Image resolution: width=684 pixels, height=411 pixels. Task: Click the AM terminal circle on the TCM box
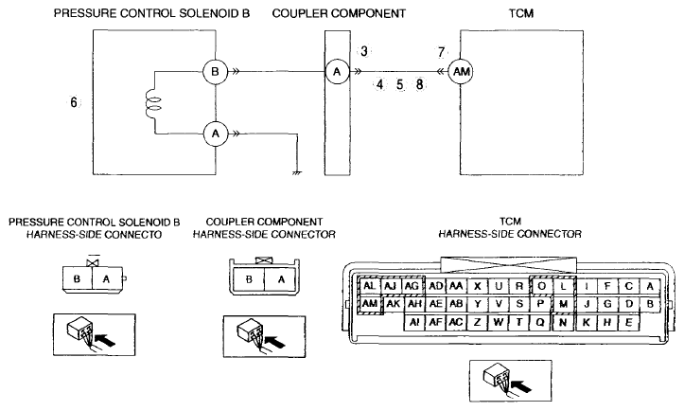(x=461, y=72)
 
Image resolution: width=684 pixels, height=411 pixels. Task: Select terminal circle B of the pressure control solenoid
(x=215, y=72)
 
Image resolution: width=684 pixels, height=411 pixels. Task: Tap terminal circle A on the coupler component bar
(x=337, y=72)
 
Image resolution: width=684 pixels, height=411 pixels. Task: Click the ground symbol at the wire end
(x=297, y=173)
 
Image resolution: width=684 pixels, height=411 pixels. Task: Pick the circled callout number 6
(x=74, y=102)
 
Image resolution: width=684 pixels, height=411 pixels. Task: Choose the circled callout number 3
(x=364, y=51)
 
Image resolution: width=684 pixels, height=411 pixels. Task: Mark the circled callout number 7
(x=441, y=52)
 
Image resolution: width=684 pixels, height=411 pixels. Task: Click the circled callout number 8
(x=420, y=84)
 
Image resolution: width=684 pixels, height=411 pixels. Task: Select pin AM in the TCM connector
(x=370, y=304)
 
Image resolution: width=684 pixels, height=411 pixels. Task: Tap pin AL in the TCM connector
(x=370, y=286)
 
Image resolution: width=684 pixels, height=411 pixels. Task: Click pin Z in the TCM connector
(x=477, y=322)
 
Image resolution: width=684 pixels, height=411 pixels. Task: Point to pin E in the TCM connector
(x=628, y=322)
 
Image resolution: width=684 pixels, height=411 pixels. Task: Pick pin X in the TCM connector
(x=477, y=286)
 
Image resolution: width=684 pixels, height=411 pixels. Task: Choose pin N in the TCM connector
(x=563, y=322)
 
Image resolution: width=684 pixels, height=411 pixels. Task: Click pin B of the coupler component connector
(x=249, y=279)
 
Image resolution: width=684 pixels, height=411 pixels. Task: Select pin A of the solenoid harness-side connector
(x=107, y=278)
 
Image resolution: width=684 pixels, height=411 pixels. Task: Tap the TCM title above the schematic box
(x=521, y=13)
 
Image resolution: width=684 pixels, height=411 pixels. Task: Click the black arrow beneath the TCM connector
(x=521, y=385)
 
